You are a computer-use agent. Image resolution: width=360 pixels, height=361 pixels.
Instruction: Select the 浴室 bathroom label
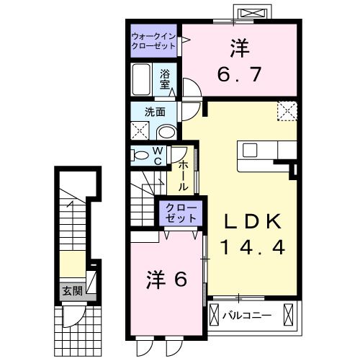(x=165, y=79)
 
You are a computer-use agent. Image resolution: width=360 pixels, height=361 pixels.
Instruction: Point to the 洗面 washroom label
(x=155, y=112)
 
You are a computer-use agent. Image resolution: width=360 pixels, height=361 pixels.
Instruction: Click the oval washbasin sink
(x=166, y=132)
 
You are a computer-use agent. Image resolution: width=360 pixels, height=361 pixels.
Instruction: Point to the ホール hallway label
(x=183, y=174)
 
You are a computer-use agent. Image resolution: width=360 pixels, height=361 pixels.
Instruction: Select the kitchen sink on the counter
(x=252, y=150)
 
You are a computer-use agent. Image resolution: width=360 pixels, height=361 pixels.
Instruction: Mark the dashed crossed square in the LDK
(x=289, y=110)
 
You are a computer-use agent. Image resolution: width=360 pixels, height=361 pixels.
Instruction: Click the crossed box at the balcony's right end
(x=289, y=315)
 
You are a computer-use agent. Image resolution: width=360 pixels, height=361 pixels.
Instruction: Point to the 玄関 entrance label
(x=71, y=291)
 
